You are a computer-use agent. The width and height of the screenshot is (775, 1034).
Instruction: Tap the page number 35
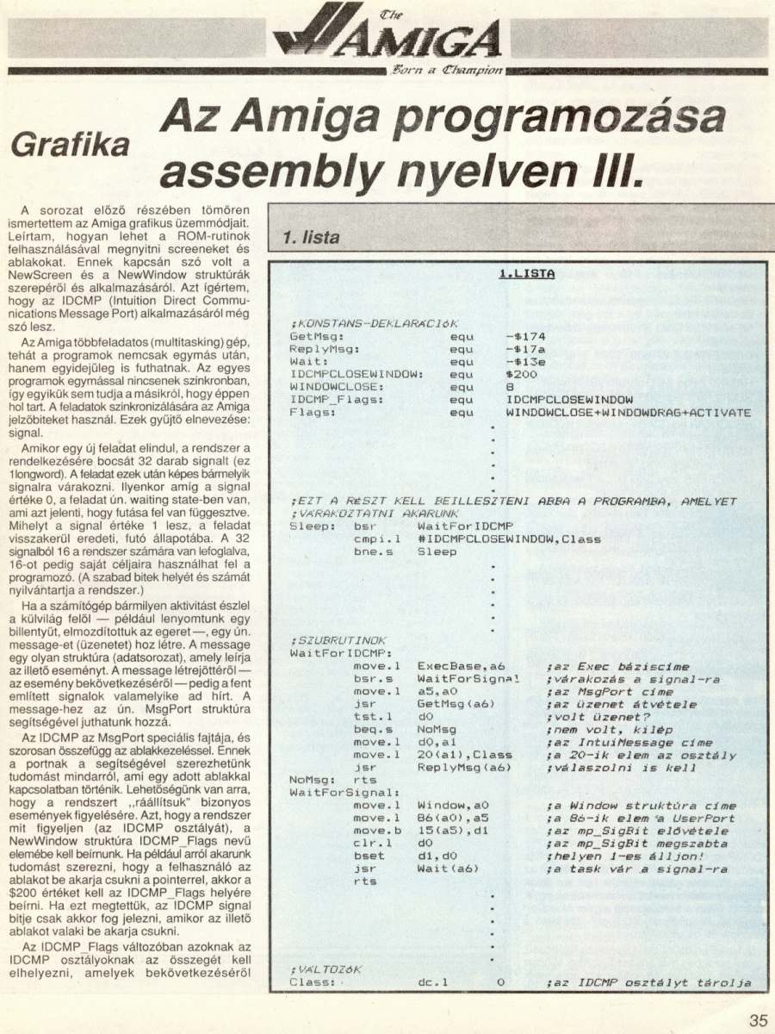(x=757, y=1020)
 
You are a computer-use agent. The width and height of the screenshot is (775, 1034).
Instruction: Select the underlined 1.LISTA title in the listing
(x=526, y=273)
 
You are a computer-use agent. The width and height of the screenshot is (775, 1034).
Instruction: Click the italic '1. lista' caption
(x=310, y=237)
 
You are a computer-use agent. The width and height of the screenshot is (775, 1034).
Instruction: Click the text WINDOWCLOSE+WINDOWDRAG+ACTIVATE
(x=628, y=413)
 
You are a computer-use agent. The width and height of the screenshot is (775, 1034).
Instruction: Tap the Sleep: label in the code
(x=308, y=526)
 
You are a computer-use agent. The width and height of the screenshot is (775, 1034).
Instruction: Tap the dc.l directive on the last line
(x=433, y=982)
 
